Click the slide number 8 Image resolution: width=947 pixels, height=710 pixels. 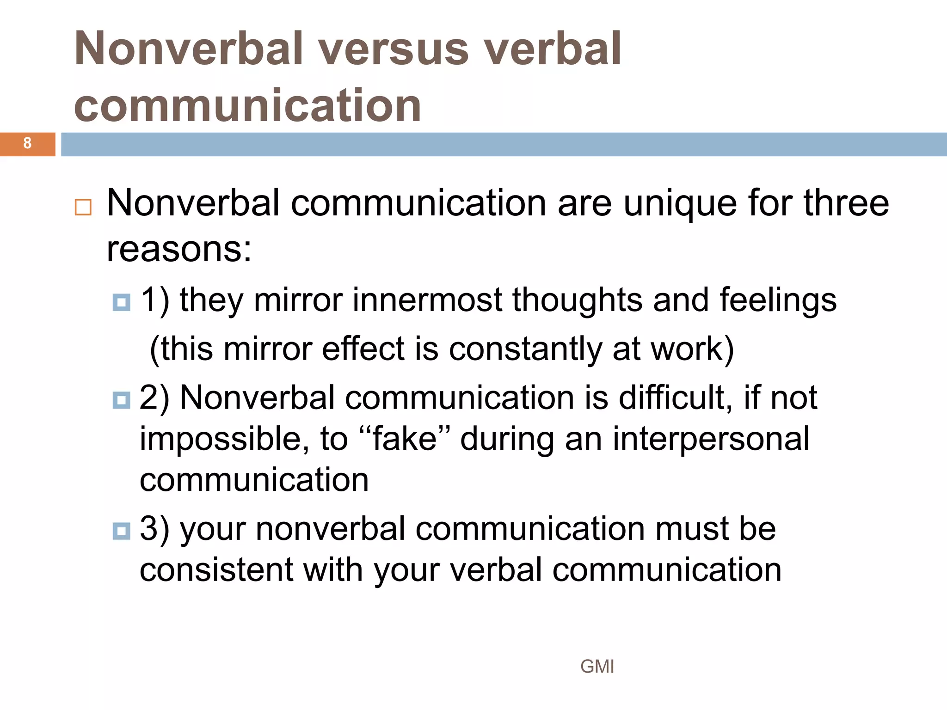coord(27,143)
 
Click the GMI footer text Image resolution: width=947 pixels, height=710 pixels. coord(597,667)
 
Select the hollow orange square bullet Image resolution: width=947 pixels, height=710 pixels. coord(83,207)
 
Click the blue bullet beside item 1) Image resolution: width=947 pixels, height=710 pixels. coord(122,303)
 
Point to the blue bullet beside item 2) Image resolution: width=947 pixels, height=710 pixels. coord(122,400)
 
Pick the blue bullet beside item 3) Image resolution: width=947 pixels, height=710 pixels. coord(122,531)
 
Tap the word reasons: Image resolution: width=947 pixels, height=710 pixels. coord(179,250)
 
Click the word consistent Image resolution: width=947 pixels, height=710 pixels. coord(216,570)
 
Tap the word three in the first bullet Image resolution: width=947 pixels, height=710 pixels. coord(846,203)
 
